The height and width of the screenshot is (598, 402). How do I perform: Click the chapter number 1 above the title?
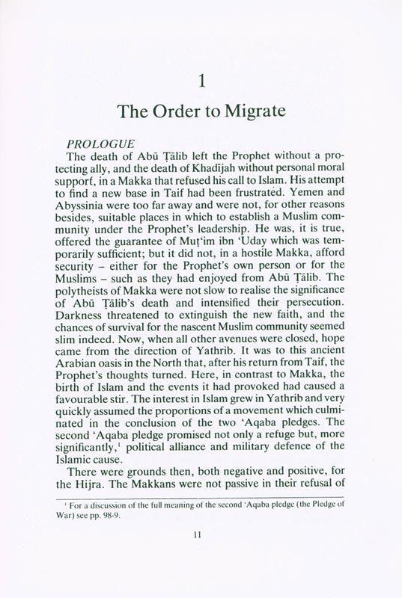click(x=201, y=79)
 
